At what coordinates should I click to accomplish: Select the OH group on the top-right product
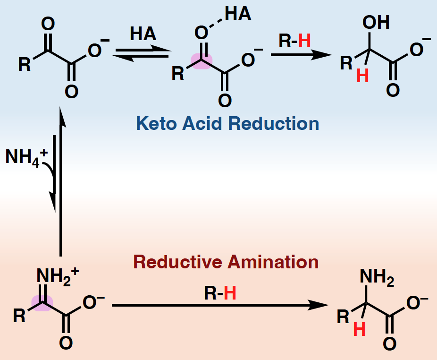point(376,23)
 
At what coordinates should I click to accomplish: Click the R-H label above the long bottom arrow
point(220,294)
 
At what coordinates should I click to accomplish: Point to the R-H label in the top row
point(295,42)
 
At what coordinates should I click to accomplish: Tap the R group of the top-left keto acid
point(24,64)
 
